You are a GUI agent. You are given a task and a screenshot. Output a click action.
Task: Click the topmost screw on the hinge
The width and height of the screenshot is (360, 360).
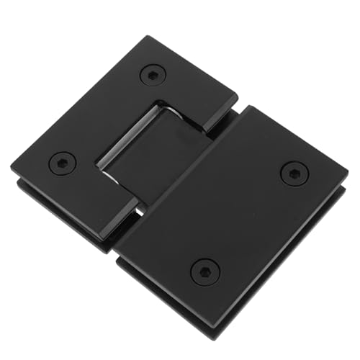[152, 74]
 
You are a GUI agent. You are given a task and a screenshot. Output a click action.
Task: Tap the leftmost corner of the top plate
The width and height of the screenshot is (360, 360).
[13, 167]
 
